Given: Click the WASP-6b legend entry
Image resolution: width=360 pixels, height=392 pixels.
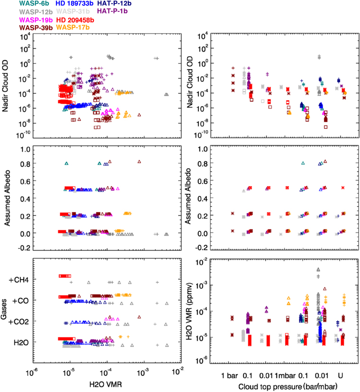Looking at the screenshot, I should point(20,4).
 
